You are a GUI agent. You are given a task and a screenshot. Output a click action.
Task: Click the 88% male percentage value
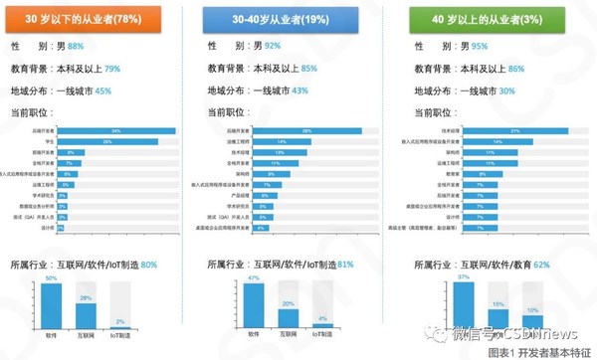[x=101, y=46]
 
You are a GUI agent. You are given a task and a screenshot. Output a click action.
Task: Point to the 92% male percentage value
[x=300, y=46]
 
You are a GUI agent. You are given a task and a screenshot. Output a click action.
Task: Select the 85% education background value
[x=308, y=69]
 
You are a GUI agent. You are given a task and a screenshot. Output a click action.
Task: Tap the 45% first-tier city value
[x=102, y=91]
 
